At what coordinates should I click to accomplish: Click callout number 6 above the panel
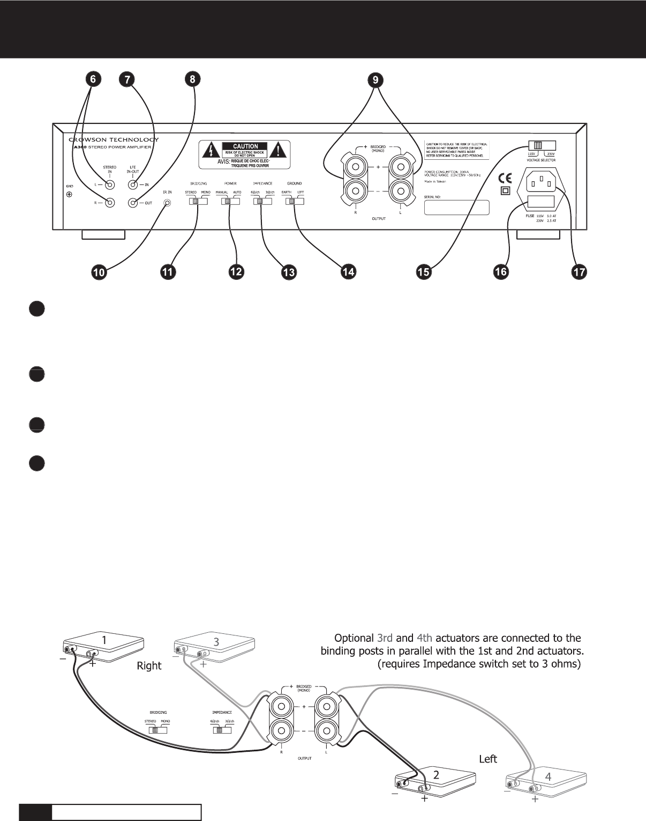click(93, 79)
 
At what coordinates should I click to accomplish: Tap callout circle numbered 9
click(375, 79)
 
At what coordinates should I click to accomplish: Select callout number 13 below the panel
click(289, 272)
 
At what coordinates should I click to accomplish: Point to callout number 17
click(579, 272)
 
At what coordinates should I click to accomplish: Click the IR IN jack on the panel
click(168, 203)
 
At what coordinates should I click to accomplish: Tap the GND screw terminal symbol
click(69, 194)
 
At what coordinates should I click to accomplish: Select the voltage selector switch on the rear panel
click(542, 145)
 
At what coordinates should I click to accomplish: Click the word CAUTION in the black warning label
click(245, 146)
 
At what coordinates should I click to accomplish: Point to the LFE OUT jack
click(133, 203)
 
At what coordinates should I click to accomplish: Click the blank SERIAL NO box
click(456, 208)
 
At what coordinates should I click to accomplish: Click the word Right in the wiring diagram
click(149, 665)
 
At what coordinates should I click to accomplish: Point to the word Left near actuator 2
click(487, 759)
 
